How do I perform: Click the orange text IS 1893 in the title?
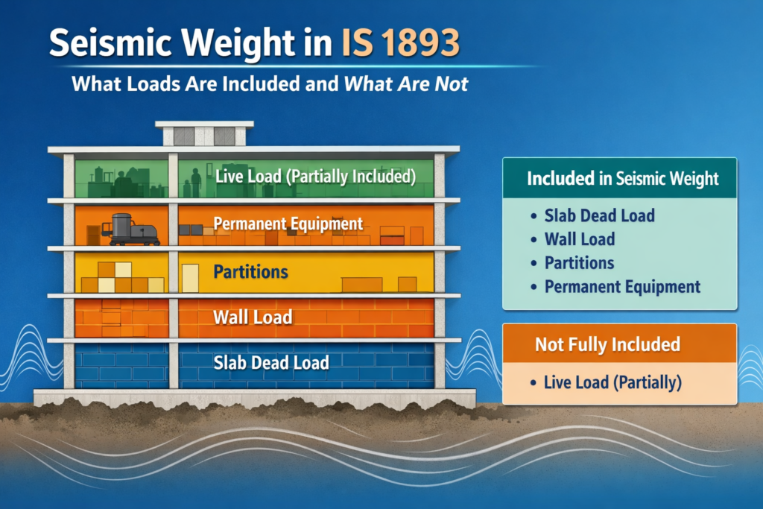click(x=403, y=43)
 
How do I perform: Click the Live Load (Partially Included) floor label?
click(x=313, y=177)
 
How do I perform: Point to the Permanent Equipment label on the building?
click(x=288, y=223)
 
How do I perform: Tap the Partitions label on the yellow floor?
click(x=250, y=271)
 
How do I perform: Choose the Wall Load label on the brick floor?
click(x=253, y=317)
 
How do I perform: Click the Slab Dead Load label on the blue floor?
click(x=271, y=363)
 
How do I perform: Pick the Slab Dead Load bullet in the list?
click(x=599, y=216)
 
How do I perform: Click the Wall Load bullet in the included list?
click(x=580, y=239)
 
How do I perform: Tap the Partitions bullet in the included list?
click(x=579, y=262)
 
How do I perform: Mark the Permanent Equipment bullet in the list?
click(x=622, y=286)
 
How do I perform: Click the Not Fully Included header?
click(x=607, y=344)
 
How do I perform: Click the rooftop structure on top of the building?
click(x=203, y=134)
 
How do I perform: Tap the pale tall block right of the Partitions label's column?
click(x=191, y=278)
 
